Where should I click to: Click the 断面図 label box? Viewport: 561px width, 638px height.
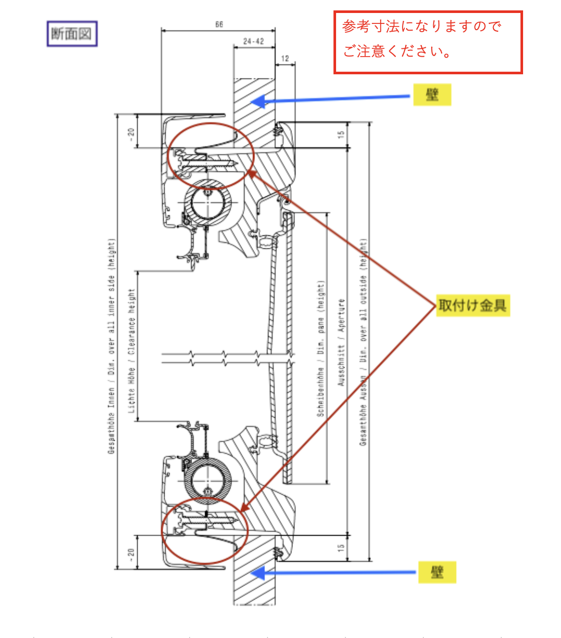pyautogui.click(x=72, y=34)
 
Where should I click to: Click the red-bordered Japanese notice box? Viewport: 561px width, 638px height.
pyautogui.click(x=428, y=42)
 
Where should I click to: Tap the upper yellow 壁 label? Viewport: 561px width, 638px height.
pyautogui.click(x=432, y=95)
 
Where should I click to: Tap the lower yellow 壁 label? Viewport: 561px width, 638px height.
pyautogui.click(x=437, y=572)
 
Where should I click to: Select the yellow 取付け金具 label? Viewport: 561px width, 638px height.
pyautogui.click(x=472, y=305)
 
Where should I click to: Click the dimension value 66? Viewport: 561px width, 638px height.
pyautogui.click(x=219, y=24)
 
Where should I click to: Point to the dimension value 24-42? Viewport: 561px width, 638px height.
pyautogui.click(x=253, y=41)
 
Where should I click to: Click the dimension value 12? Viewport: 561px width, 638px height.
pyautogui.click(x=285, y=58)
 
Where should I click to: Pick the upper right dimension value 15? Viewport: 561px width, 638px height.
pyautogui.click(x=341, y=135)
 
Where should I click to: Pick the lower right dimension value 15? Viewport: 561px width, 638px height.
pyautogui.click(x=341, y=548)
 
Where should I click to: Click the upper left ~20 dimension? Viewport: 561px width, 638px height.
pyautogui.click(x=131, y=135)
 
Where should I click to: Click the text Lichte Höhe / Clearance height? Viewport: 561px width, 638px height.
pyautogui.click(x=131, y=351)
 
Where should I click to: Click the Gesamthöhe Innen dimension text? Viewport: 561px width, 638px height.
pyautogui.click(x=111, y=345)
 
